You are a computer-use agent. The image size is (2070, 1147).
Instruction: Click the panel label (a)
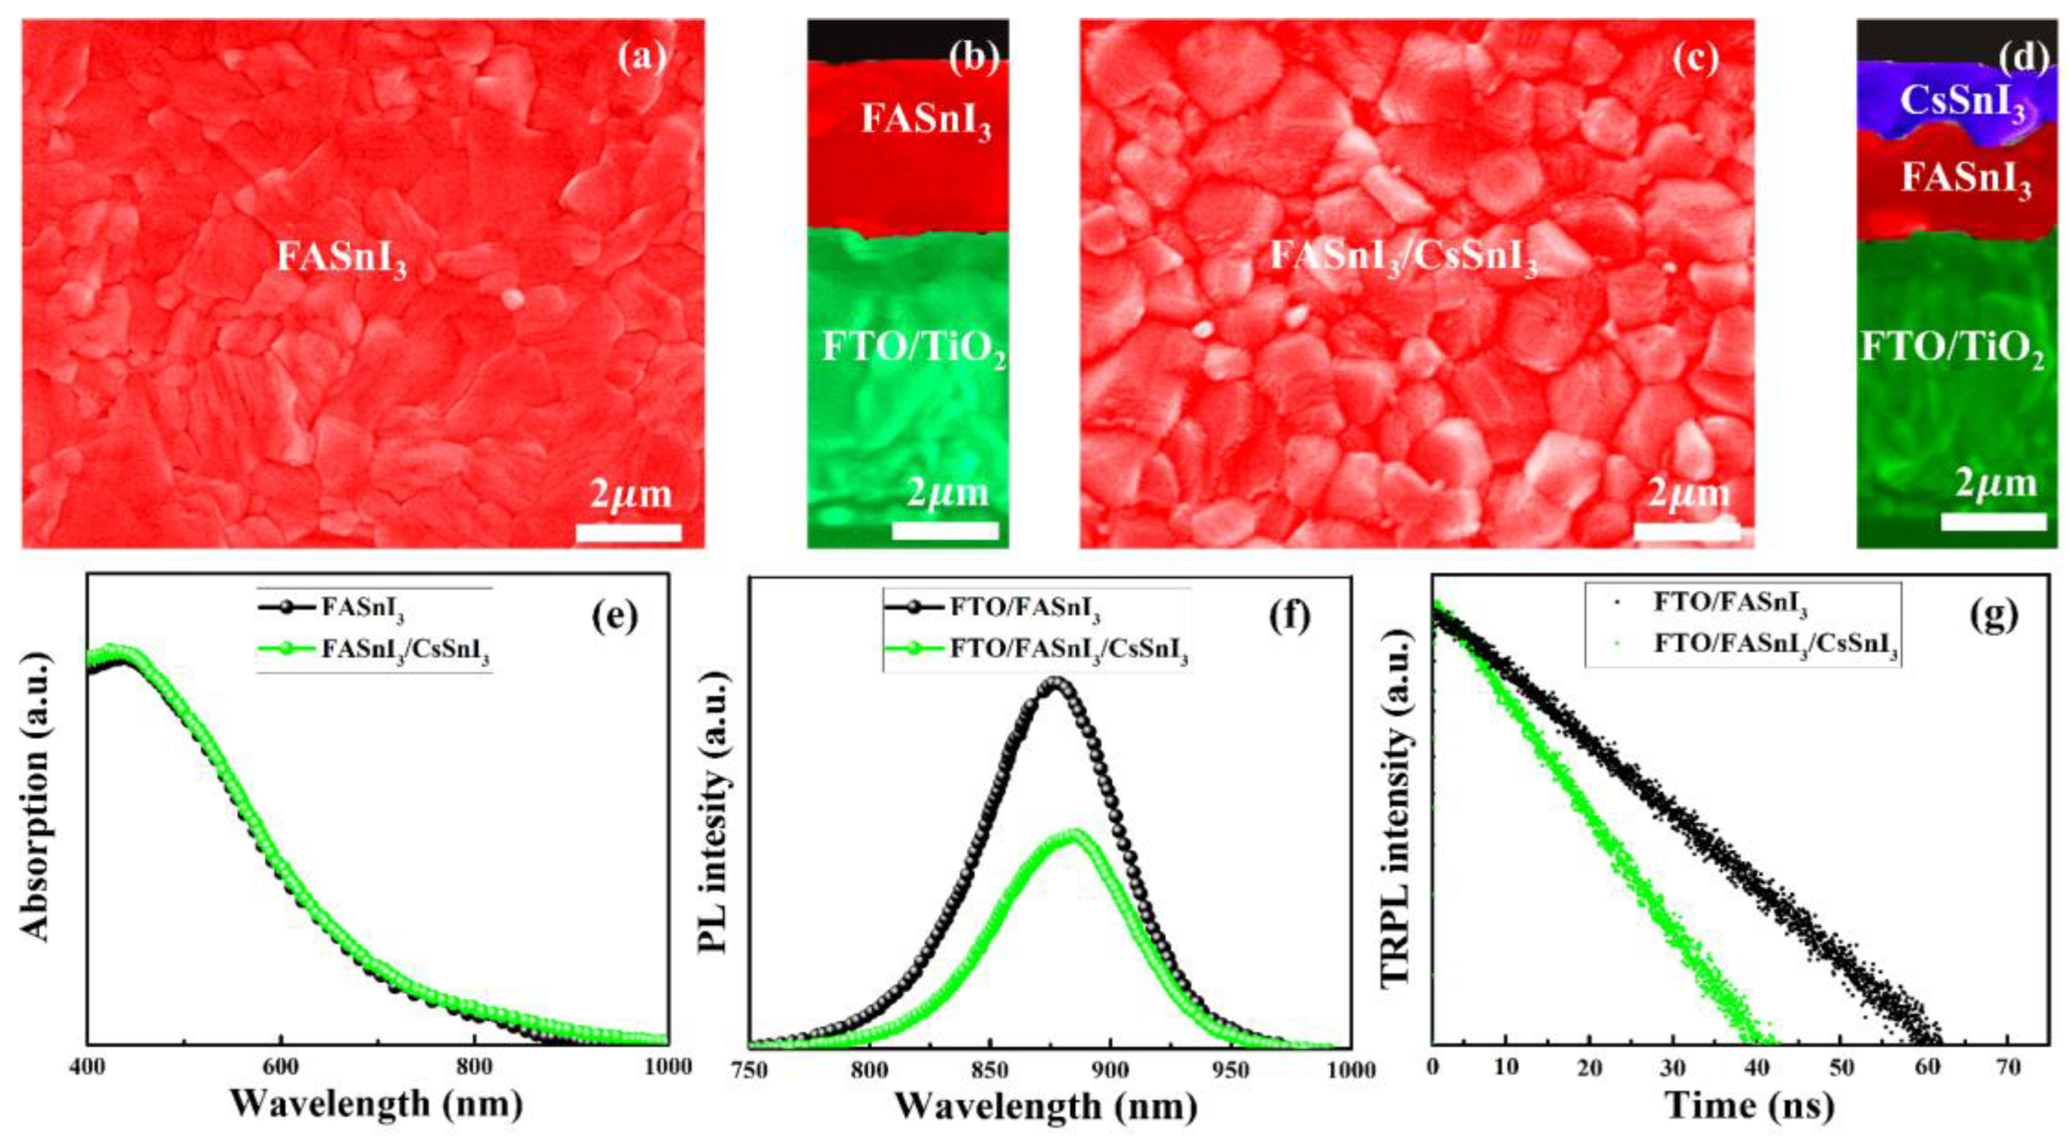pyautogui.click(x=641, y=58)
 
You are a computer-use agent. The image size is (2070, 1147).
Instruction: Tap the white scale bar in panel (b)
pyautogui.click(x=945, y=531)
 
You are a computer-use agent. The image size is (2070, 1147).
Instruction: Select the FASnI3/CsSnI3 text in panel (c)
pyautogui.click(x=1403, y=260)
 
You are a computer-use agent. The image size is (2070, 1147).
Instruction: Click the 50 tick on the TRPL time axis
pyautogui.click(x=1840, y=1068)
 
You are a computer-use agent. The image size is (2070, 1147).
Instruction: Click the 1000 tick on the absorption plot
pyautogui.click(x=668, y=1068)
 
